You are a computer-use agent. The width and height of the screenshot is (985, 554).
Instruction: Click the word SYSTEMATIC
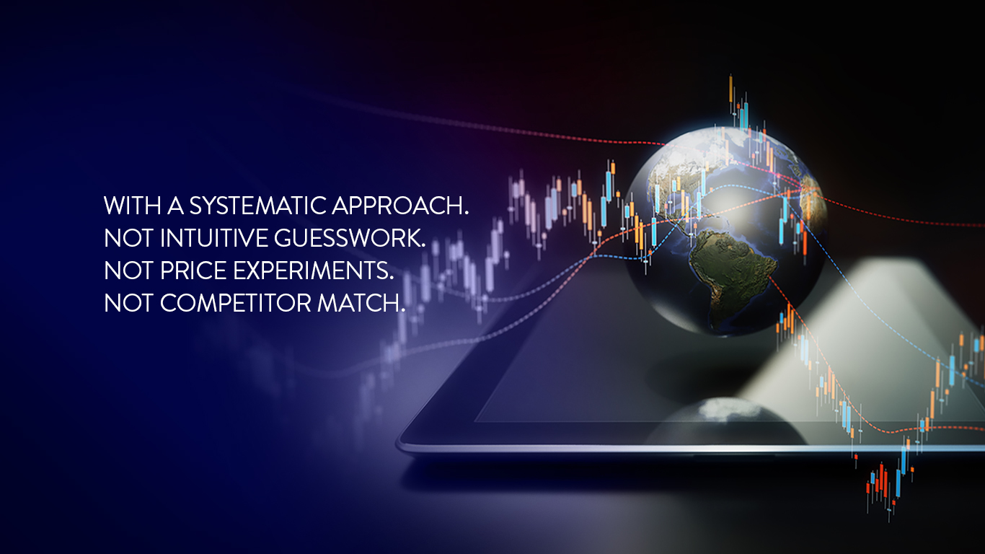click(x=258, y=206)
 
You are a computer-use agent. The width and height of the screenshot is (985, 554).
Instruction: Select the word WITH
click(x=133, y=206)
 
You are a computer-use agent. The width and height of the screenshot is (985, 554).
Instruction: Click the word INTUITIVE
click(x=214, y=238)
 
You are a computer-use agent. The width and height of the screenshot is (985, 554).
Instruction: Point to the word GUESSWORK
click(x=350, y=238)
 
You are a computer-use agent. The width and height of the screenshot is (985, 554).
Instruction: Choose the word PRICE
click(x=193, y=271)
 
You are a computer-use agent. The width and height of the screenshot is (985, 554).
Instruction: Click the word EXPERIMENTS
click(x=313, y=271)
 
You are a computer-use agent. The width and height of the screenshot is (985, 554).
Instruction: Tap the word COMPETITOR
click(x=236, y=303)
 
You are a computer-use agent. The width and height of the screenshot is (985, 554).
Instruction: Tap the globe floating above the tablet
click(x=725, y=231)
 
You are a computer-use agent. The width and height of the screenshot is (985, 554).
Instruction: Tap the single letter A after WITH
click(x=175, y=206)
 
